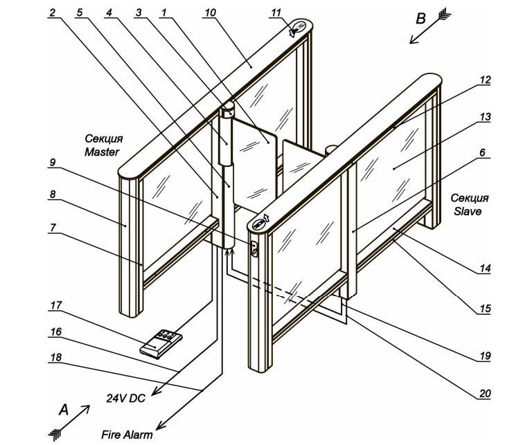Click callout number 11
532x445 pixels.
(276, 12)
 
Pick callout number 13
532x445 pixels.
(486, 118)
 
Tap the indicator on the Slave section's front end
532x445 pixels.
(262, 224)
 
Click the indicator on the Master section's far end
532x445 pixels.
(299, 28)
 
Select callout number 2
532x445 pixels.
(52, 12)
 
